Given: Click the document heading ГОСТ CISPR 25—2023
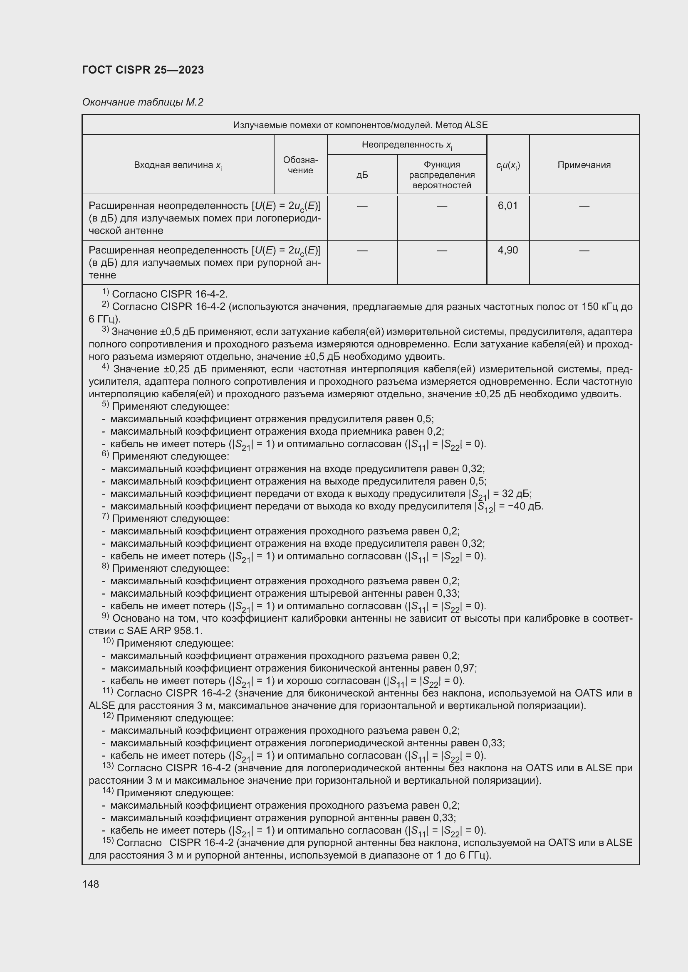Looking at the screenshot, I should pos(143,70).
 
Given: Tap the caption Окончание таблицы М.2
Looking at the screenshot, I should pos(143,102).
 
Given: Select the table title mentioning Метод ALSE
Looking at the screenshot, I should pos(360,125).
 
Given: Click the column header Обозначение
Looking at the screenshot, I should pos(300,165).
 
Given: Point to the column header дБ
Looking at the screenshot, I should pos(362,175).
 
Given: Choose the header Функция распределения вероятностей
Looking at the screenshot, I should pos(441,175).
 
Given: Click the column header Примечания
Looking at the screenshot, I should pos(584,165).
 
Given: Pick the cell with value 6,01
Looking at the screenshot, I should pos(507,206).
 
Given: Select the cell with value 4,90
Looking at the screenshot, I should pos(507,250).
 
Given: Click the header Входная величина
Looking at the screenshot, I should pos(178,165).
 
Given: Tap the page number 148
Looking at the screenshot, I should pos(91,884).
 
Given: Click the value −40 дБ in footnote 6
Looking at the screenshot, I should pos(522,506).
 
